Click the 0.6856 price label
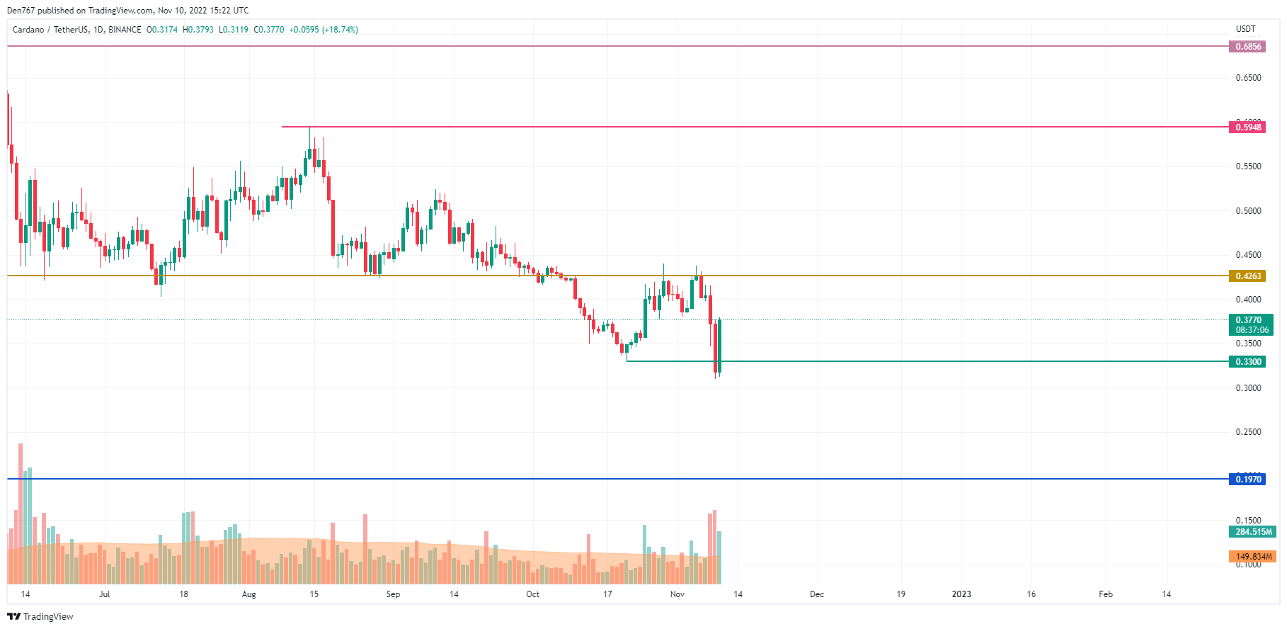coord(1248,47)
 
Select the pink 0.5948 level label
coord(1248,127)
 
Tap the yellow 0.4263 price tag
coord(1248,276)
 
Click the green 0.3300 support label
coord(1248,362)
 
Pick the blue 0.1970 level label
coord(1248,480)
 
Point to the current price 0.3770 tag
coord(1251,320)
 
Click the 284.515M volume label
coord(1253,532)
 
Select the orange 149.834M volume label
coord(1253,557)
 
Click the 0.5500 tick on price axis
coord(1248,166)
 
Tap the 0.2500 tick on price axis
coord(1248,432)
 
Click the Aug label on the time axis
coord(248,594)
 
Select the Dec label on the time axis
coord(817,594)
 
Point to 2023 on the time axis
coord(961,594)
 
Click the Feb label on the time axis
coord(1105,594)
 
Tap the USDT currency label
coord(1245,29)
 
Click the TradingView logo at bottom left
coord(40,616)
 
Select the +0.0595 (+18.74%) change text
coord(324,30)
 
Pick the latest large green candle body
coord(719,346)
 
